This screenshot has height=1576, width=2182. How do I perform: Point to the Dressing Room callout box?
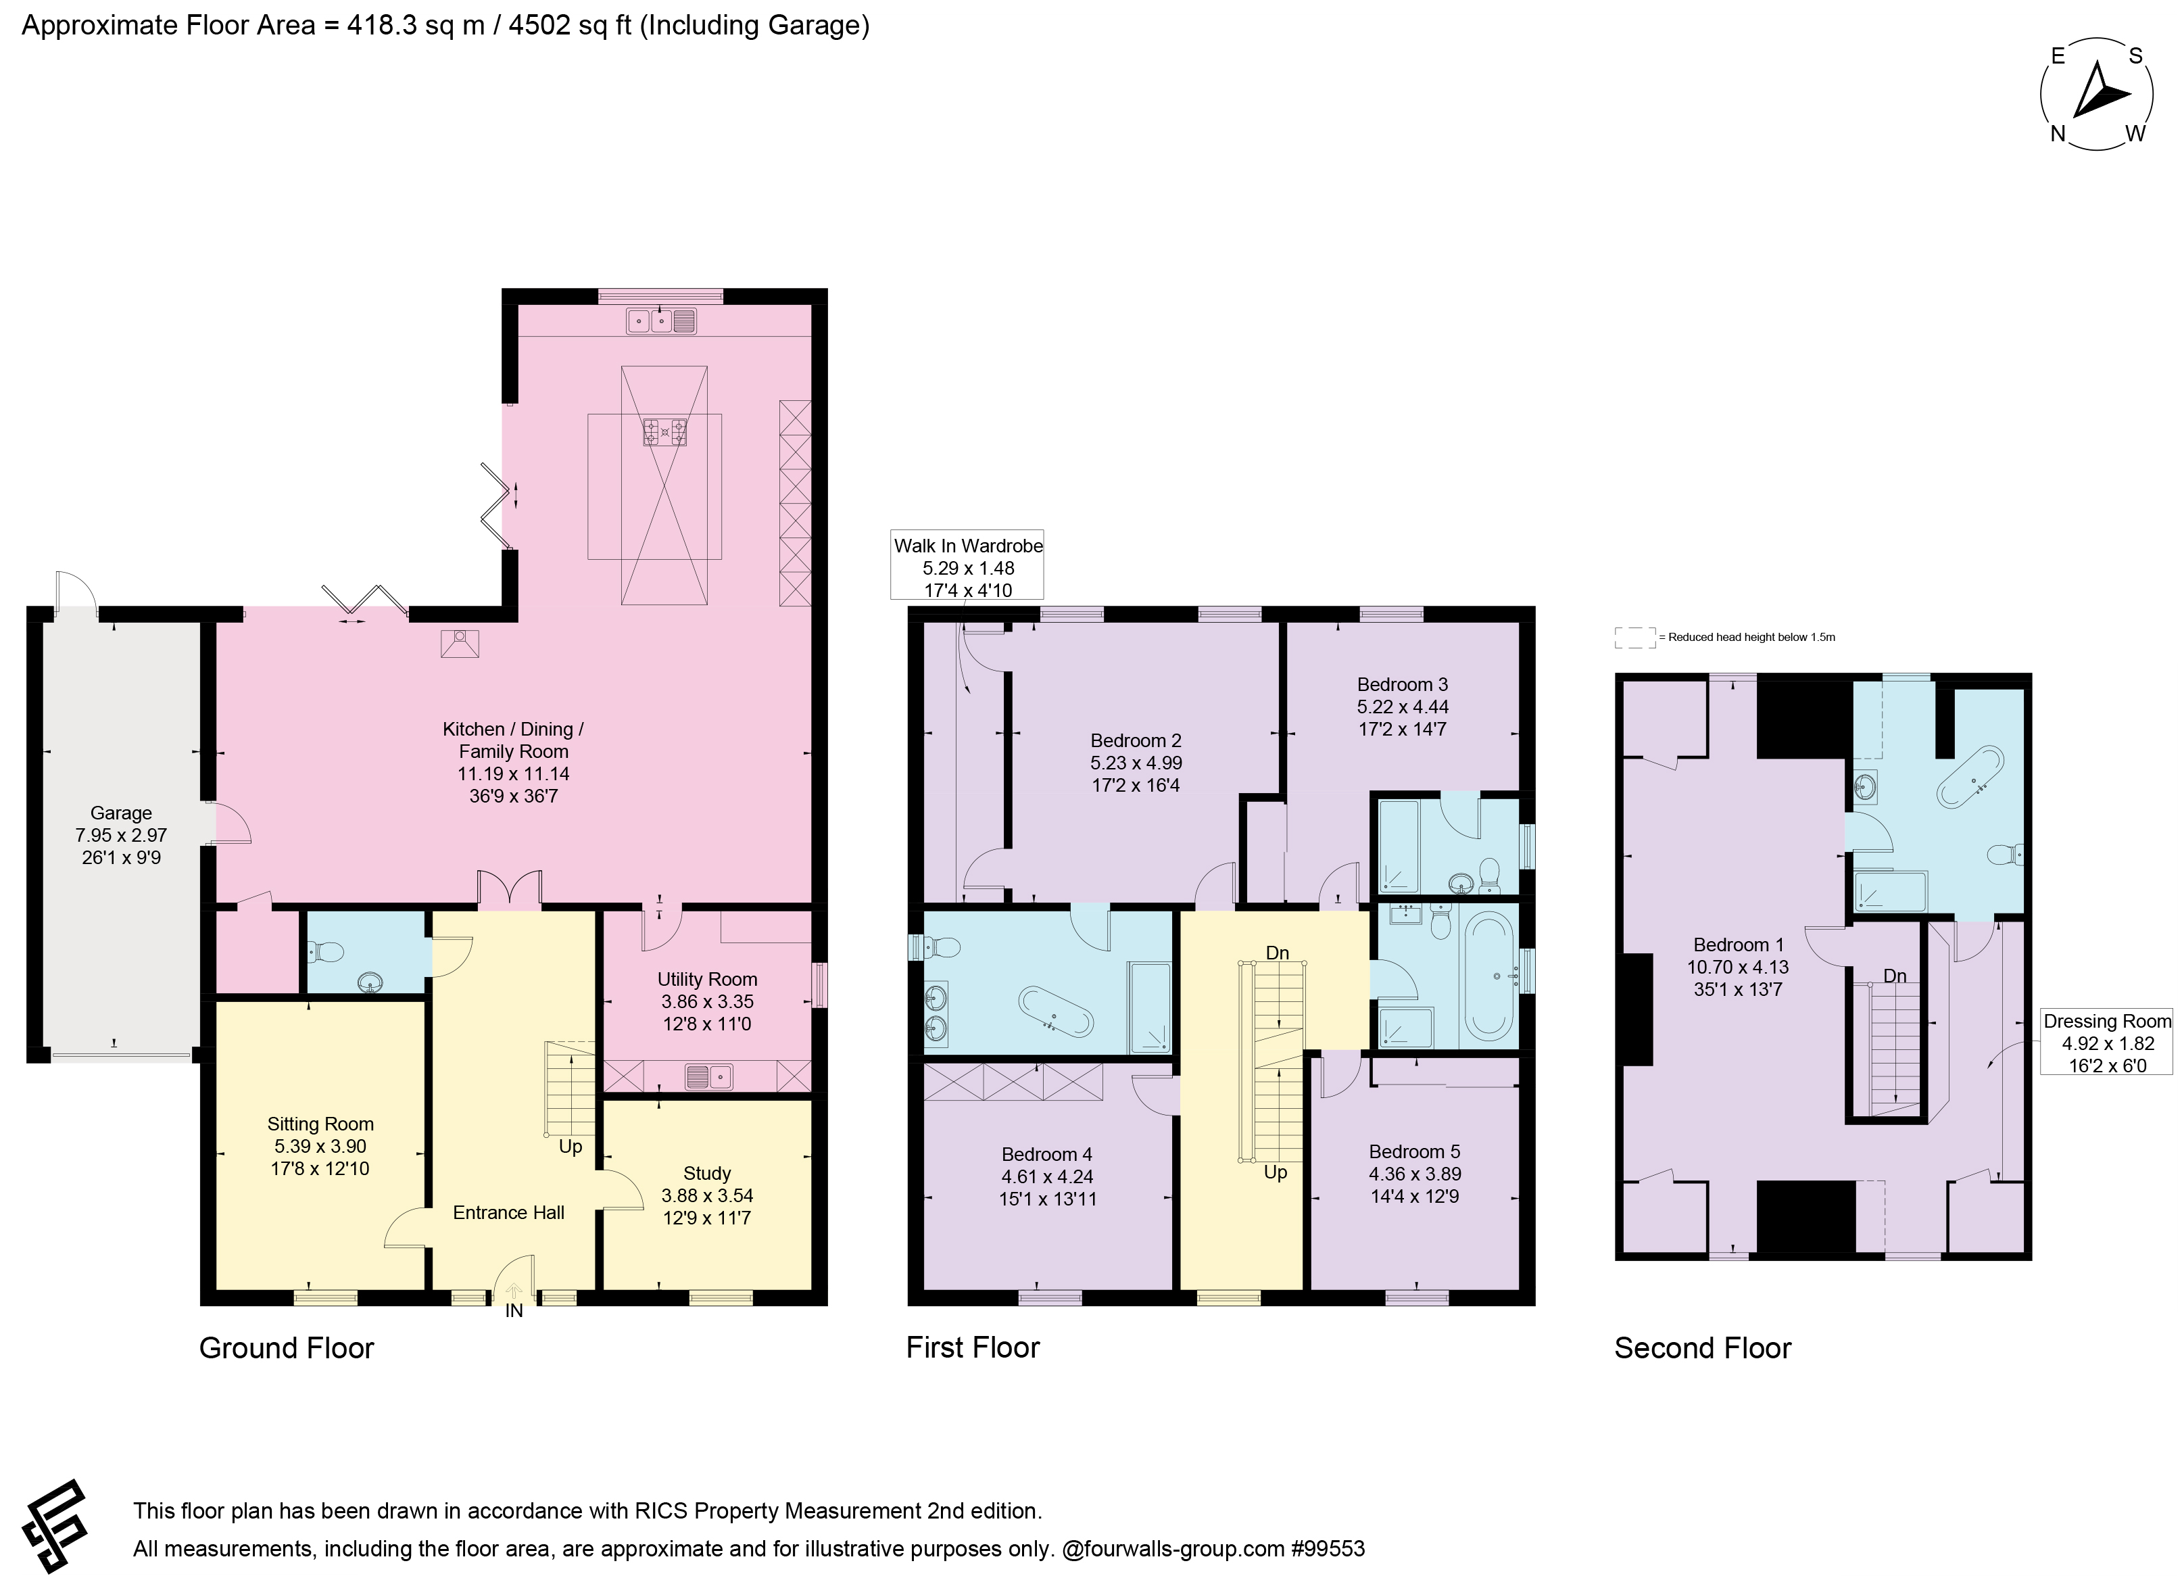(x=2107, y=1042)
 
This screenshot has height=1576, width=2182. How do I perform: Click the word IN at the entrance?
(x=514, y=1310)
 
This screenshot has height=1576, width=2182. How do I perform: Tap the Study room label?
(x=707, y=1174)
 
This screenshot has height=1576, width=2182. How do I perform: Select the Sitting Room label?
(x=320, y=1124)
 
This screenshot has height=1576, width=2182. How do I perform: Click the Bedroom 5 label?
(x=1414, y=1151)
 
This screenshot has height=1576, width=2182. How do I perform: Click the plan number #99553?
(x=1328, y=1549)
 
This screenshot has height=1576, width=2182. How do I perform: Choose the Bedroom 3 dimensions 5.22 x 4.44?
(x=1403, y=707)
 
